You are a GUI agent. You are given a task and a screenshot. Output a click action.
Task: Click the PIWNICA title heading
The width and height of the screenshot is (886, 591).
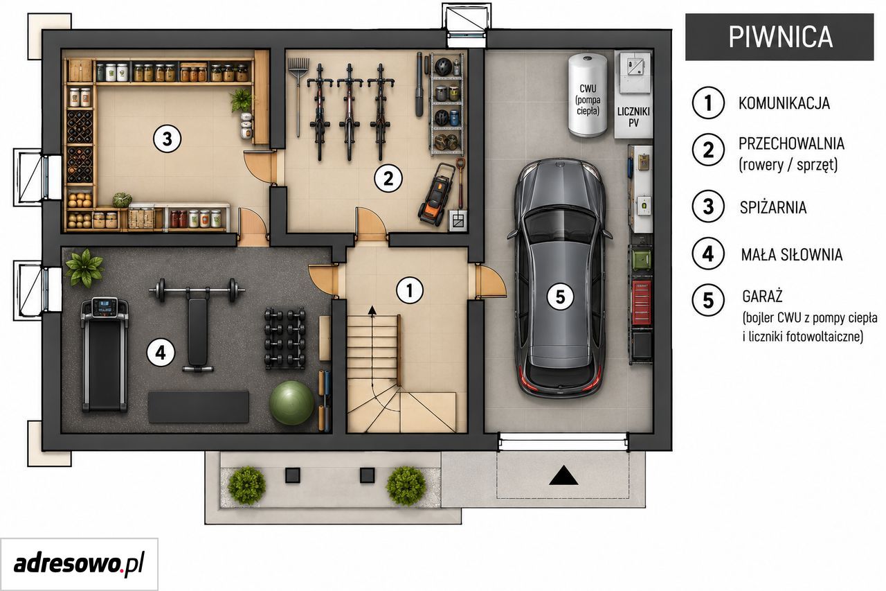780,37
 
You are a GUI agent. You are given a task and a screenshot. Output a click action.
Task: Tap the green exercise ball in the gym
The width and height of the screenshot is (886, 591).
292,403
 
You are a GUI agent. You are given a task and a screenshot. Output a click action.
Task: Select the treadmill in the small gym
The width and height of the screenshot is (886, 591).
105,355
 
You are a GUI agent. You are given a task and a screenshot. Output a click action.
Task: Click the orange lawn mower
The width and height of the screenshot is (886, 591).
437,195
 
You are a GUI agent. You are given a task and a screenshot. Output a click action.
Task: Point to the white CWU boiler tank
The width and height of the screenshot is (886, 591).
588,95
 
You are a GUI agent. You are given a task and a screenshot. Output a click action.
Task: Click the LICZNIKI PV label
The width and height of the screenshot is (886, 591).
633,117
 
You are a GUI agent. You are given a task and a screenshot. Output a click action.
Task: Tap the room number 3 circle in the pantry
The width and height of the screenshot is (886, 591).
168,139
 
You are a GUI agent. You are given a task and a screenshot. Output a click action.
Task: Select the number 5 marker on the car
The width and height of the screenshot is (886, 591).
561,297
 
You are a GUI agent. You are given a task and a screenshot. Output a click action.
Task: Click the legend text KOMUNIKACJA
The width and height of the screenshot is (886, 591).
784,103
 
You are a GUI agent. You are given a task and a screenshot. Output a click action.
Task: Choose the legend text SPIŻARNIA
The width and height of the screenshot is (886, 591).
773,207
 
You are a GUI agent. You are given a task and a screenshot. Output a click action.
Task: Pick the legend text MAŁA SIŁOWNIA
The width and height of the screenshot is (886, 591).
792,255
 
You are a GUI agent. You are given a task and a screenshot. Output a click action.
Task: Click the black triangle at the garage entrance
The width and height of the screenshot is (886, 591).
563,475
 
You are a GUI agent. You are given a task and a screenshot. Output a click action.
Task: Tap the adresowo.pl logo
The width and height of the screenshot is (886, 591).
79,564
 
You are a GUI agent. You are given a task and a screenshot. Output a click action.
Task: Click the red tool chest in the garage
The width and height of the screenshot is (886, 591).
641,301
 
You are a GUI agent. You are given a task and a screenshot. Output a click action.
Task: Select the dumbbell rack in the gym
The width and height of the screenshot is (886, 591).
284,338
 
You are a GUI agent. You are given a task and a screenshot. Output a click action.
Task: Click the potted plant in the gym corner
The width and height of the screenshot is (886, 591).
84,267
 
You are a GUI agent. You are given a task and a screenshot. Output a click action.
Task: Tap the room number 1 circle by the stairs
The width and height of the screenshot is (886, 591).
410,290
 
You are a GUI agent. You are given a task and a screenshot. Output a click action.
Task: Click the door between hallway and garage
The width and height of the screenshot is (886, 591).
490,281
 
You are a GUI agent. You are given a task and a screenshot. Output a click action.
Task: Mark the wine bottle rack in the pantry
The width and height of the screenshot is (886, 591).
80,147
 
